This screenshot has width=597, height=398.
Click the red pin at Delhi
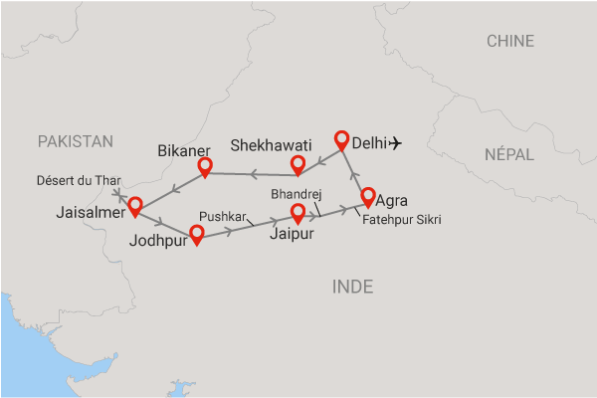coord(343,140)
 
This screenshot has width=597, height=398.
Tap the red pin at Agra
coord(368,197)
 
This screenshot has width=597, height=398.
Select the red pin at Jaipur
coord(297,213)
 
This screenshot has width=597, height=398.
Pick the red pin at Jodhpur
coord(197,235)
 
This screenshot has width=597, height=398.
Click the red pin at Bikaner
coord(205,166)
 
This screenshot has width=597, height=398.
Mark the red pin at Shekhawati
coord(297,164)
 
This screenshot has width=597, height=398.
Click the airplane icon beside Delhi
coord(396,143)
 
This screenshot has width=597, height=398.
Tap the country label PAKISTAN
coord(76,142)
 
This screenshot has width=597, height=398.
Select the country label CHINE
coord(509,41)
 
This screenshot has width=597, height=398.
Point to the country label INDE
coord(351,287)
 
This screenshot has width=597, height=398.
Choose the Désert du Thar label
coord(79,180)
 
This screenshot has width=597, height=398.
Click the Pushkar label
coord(222,215)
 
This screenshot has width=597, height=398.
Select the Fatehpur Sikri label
coord(402,219)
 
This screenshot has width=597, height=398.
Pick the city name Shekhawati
coord(271,145)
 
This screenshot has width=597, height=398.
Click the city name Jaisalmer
coord(91,212)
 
